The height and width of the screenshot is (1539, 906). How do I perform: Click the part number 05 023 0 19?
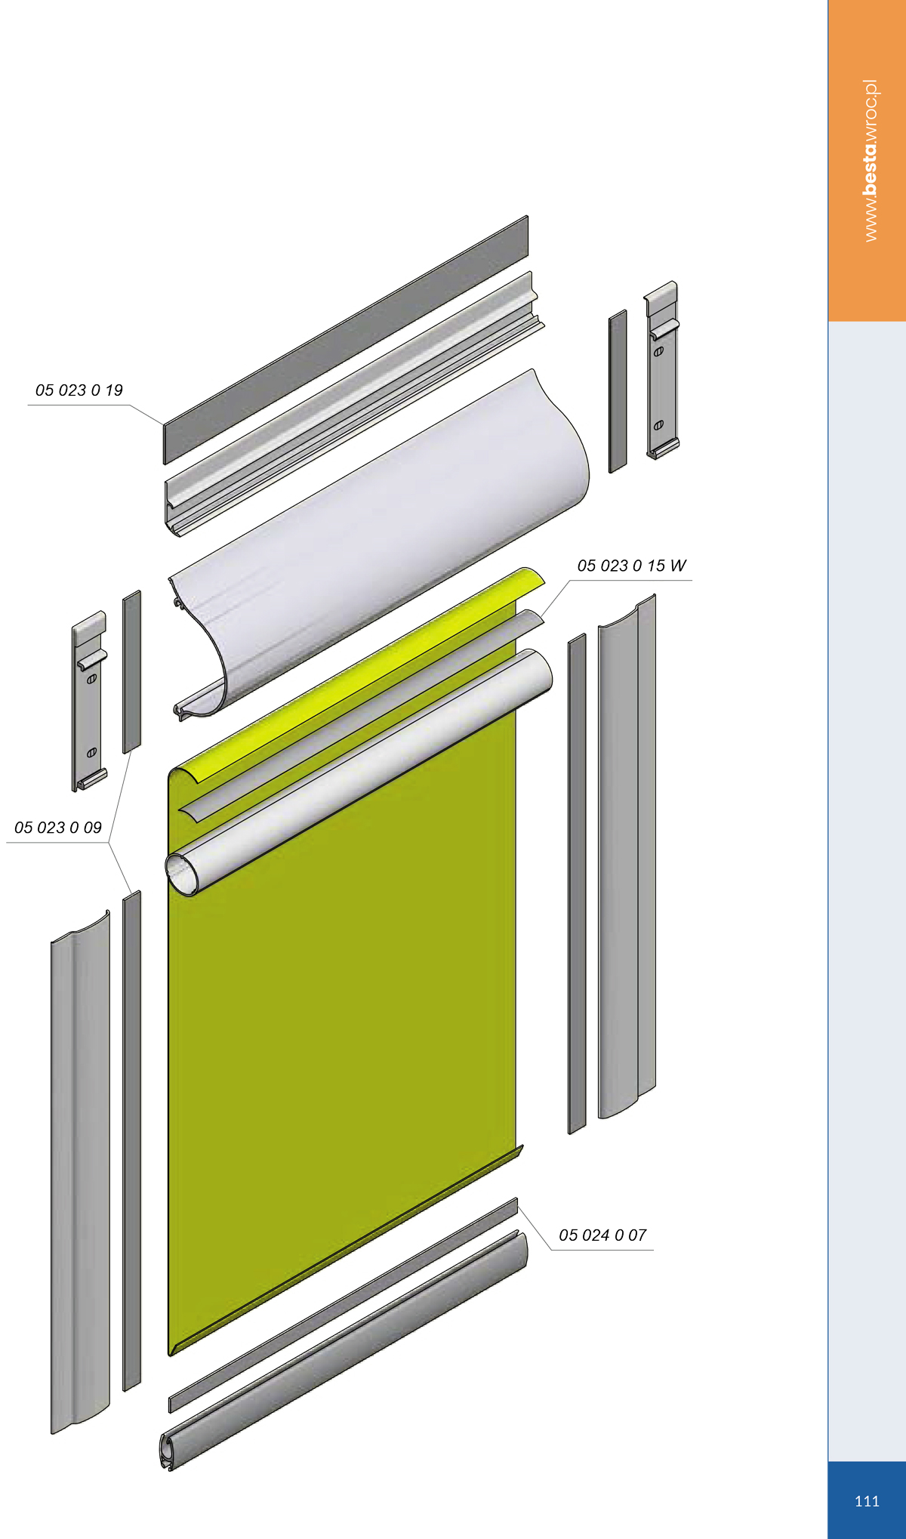(x=79, y=390)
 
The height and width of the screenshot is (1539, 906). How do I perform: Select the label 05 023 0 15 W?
(x=632, y=566)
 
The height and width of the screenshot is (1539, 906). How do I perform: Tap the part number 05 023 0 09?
(x=58, y=828)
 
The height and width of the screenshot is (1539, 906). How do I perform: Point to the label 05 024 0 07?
(x=602, y=1235)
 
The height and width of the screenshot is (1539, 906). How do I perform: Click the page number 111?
(x=867, y=1501)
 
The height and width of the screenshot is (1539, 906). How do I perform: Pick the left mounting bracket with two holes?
(x=89, y=701)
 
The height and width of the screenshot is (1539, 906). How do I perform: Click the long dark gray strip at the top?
(x=346, y=340)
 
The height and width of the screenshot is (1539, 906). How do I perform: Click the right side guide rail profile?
(x=627, y=856)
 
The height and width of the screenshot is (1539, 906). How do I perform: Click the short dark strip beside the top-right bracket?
(x=618, y=391)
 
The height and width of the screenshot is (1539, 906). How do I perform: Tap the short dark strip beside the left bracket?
(x=131, y=672)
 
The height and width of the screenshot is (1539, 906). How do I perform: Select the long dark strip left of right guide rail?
(x=577, y=884)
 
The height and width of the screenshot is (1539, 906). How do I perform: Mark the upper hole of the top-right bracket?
(x=658, y=352)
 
